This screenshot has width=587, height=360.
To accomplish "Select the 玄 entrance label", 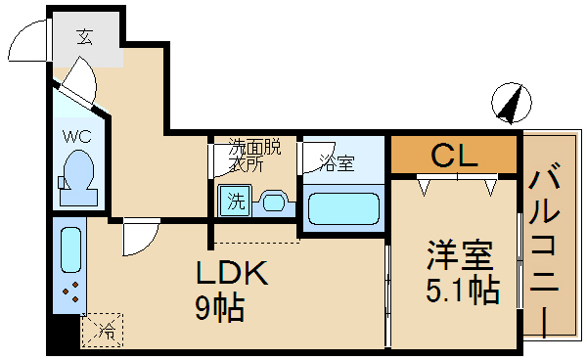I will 85,38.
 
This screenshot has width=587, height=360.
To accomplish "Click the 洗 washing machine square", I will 235,202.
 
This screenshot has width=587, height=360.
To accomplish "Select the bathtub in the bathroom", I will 342,209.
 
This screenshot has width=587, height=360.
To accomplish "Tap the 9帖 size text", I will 219,309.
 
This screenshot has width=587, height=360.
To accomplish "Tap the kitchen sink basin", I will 71,250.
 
